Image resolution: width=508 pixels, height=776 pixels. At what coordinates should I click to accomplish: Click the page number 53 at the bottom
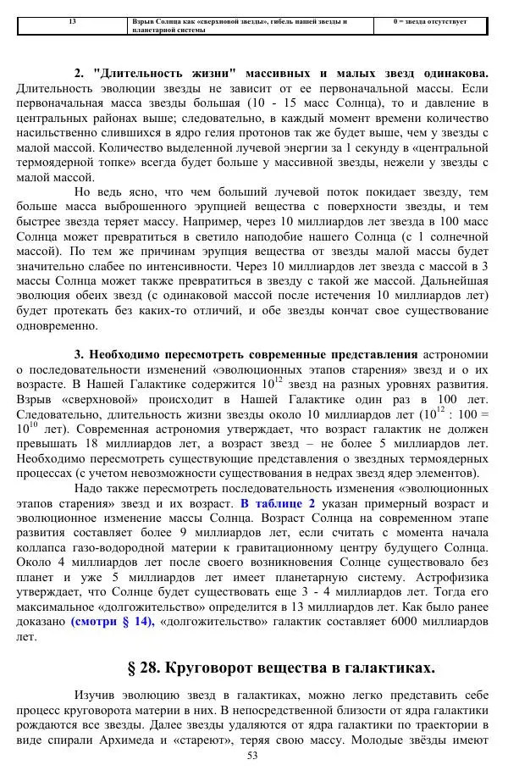(x=251, y=756)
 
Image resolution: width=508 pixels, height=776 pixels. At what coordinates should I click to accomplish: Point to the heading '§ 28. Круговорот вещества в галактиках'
(x=281, y=668)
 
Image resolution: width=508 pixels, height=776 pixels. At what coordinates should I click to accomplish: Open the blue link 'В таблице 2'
(x=278, y=502)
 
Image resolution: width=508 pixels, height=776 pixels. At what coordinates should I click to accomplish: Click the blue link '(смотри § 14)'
(x=113, y=621)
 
